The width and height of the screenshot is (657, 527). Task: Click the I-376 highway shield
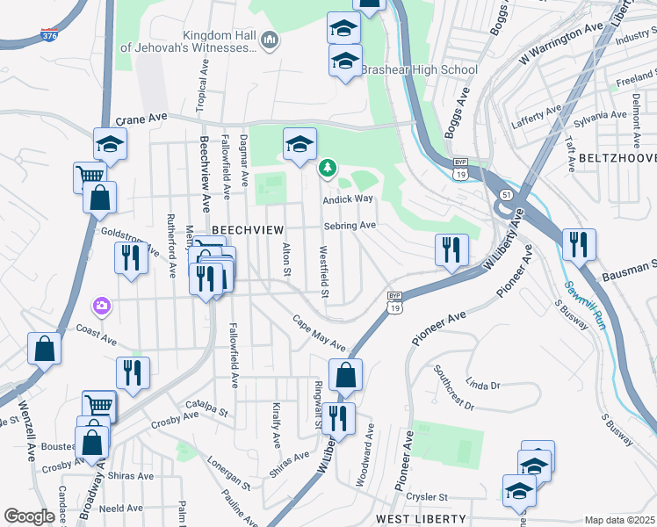tap(51, 36)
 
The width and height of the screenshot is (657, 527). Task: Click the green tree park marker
tap(327, 167)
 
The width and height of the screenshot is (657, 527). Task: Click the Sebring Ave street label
tap(350, 226)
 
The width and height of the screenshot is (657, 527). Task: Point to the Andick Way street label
tap(348, 199)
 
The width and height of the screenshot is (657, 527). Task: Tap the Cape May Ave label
tap(320, 334)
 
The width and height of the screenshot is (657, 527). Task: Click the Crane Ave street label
tap(141, 119)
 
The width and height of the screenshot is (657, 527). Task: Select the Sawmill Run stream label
tap(585, 304)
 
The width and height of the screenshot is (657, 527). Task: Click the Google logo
tap(29, 516)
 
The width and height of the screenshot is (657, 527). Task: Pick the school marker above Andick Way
tap(300, 145)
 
